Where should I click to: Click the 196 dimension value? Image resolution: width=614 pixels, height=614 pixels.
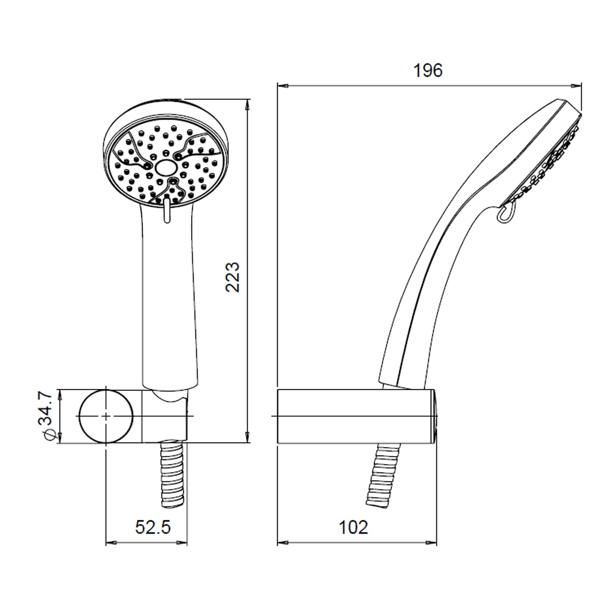coord(428,70)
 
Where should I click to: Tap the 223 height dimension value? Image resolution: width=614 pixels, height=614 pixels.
coord(233,277)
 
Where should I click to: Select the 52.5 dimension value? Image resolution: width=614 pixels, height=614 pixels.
coord(153,527)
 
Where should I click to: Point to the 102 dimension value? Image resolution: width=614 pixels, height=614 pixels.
coord(353,527)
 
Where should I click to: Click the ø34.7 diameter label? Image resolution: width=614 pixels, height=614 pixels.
coord(45,416)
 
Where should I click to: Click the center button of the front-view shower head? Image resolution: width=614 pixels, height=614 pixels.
coord(166,168)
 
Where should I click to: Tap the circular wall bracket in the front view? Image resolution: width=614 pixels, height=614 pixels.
coord(106,416)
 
